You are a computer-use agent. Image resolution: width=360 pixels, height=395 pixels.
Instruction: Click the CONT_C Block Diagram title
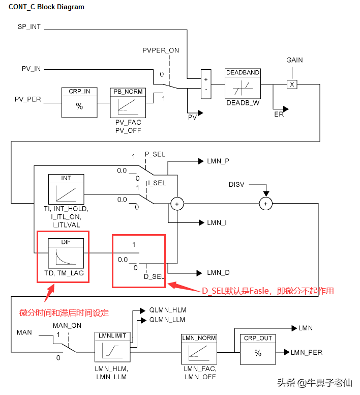point(46,8)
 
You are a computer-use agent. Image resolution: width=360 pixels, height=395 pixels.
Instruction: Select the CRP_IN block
point(79,103)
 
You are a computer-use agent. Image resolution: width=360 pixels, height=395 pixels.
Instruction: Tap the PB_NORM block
point(128,103)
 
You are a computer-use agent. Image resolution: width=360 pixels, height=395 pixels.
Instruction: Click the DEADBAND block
point(243,84)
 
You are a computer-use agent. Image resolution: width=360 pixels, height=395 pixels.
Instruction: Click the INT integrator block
point(66,189)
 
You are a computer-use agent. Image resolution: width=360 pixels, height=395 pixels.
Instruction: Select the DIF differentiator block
point(66,253)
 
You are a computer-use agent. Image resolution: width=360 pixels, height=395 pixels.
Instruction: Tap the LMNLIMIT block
point(113,348)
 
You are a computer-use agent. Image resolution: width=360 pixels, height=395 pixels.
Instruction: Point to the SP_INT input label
point(29,26)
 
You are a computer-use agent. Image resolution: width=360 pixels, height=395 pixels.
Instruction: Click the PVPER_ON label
point(161,50)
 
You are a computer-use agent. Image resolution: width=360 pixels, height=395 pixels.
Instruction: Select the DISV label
point(237,184)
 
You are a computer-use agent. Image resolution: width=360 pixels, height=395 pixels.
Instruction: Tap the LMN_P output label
point(218,161)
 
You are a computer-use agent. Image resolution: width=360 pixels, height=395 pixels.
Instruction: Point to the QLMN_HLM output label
point(167,310)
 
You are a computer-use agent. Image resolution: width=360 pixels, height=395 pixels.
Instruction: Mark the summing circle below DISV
point(265,204)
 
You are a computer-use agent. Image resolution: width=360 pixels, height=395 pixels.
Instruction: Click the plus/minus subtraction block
point(205,84)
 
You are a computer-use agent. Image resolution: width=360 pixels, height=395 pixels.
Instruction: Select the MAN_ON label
point(67,326)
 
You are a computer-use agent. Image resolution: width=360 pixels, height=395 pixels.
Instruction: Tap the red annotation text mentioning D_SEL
point(267,291)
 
